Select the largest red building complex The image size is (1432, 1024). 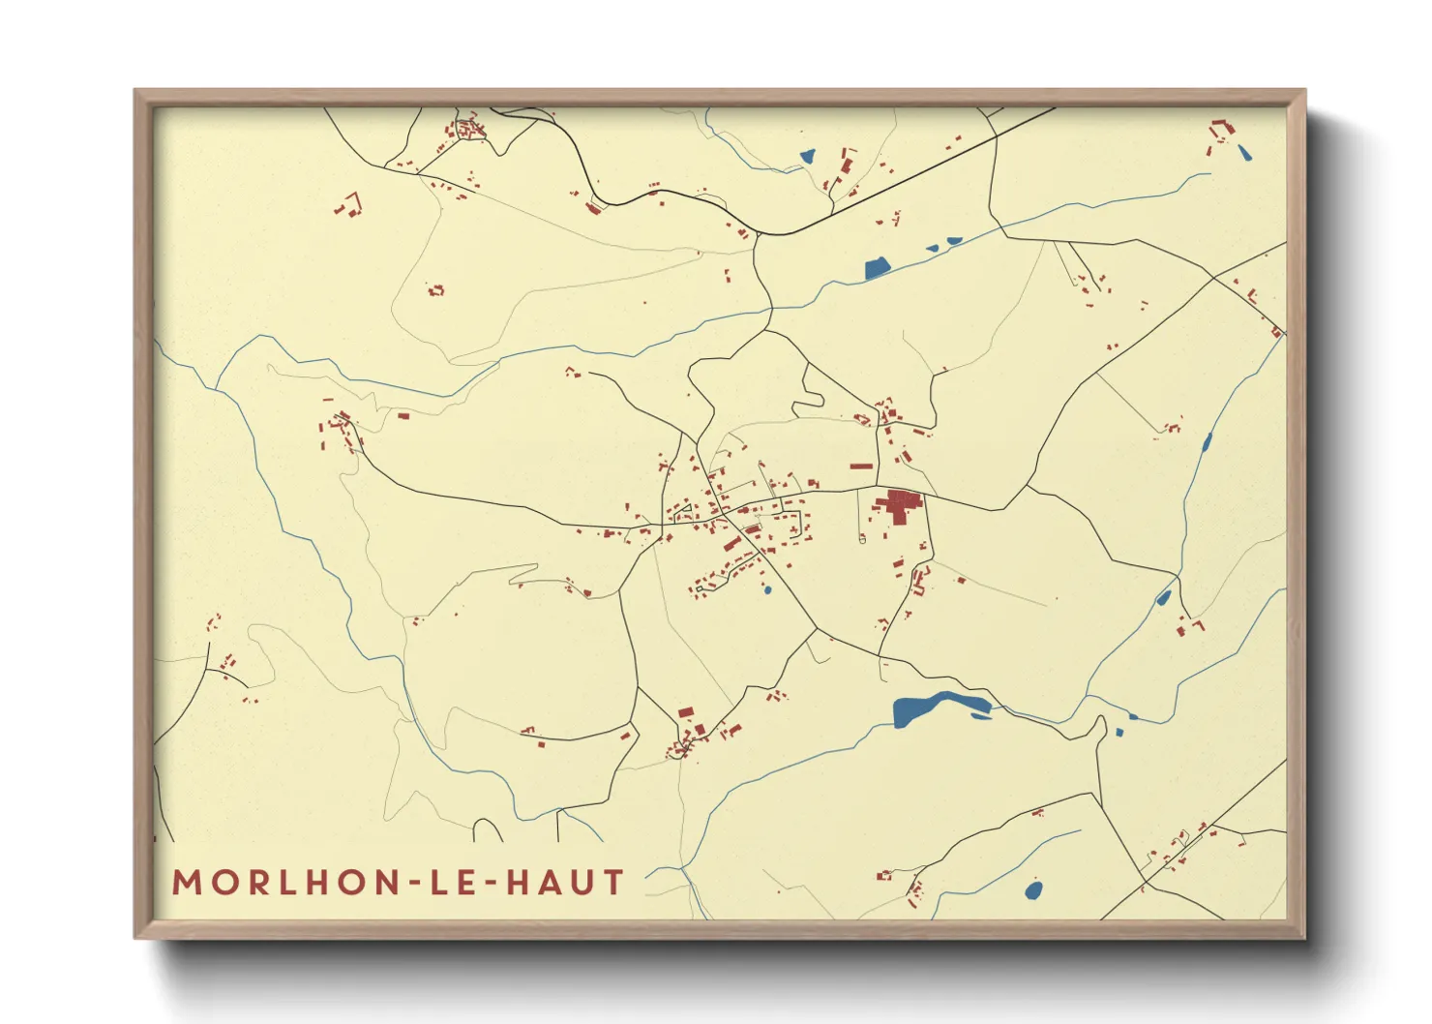[898, 505]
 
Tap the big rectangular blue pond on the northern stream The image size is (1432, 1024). [877, 268]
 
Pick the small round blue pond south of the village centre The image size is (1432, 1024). [767, 588]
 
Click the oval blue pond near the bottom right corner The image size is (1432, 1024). [1033, 889]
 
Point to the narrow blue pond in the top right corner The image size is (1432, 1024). [1243, 151]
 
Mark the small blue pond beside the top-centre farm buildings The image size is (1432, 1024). [807, 155]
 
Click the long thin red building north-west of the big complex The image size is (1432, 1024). [861, 467]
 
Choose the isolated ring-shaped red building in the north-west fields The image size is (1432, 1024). [435, 289]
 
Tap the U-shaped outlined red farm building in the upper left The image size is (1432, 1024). [349, 204]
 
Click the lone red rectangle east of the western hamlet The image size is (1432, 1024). [403, 416]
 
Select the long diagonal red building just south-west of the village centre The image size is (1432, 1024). [732, 545]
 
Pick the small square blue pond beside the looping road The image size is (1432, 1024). [1119, 732]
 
